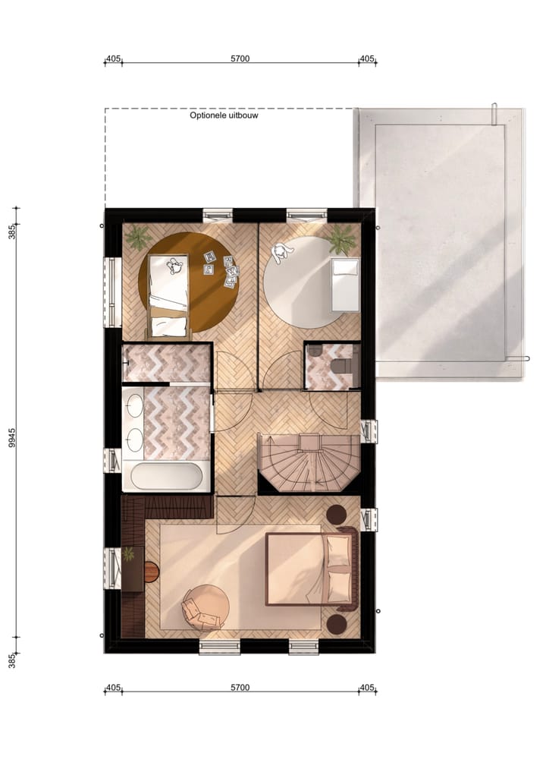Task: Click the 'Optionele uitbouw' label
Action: point(224,116)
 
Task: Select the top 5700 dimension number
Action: point(240,58)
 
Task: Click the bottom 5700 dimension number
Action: point(240,688)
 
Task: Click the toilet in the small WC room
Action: point(343,365)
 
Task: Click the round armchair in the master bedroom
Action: point(205,607)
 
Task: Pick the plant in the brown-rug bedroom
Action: point(139,238)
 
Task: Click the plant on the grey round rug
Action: point(341,241)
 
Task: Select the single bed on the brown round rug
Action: point(168,295)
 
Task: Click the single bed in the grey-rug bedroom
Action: point(346,284)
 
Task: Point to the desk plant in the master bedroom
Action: point(129,555)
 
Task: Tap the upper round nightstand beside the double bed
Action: point(336,515)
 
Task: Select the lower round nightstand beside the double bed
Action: point(336,624)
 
